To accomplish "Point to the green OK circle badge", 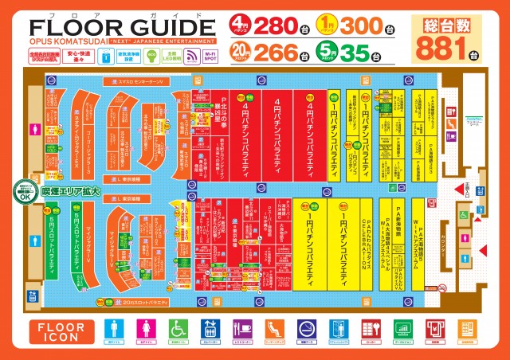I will [x=28, y=196].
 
